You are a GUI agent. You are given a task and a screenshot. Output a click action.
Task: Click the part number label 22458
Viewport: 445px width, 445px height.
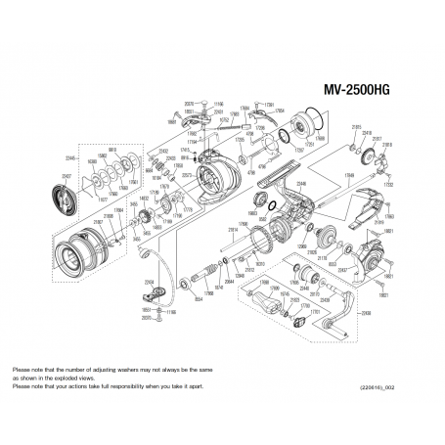pos(366,313)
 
